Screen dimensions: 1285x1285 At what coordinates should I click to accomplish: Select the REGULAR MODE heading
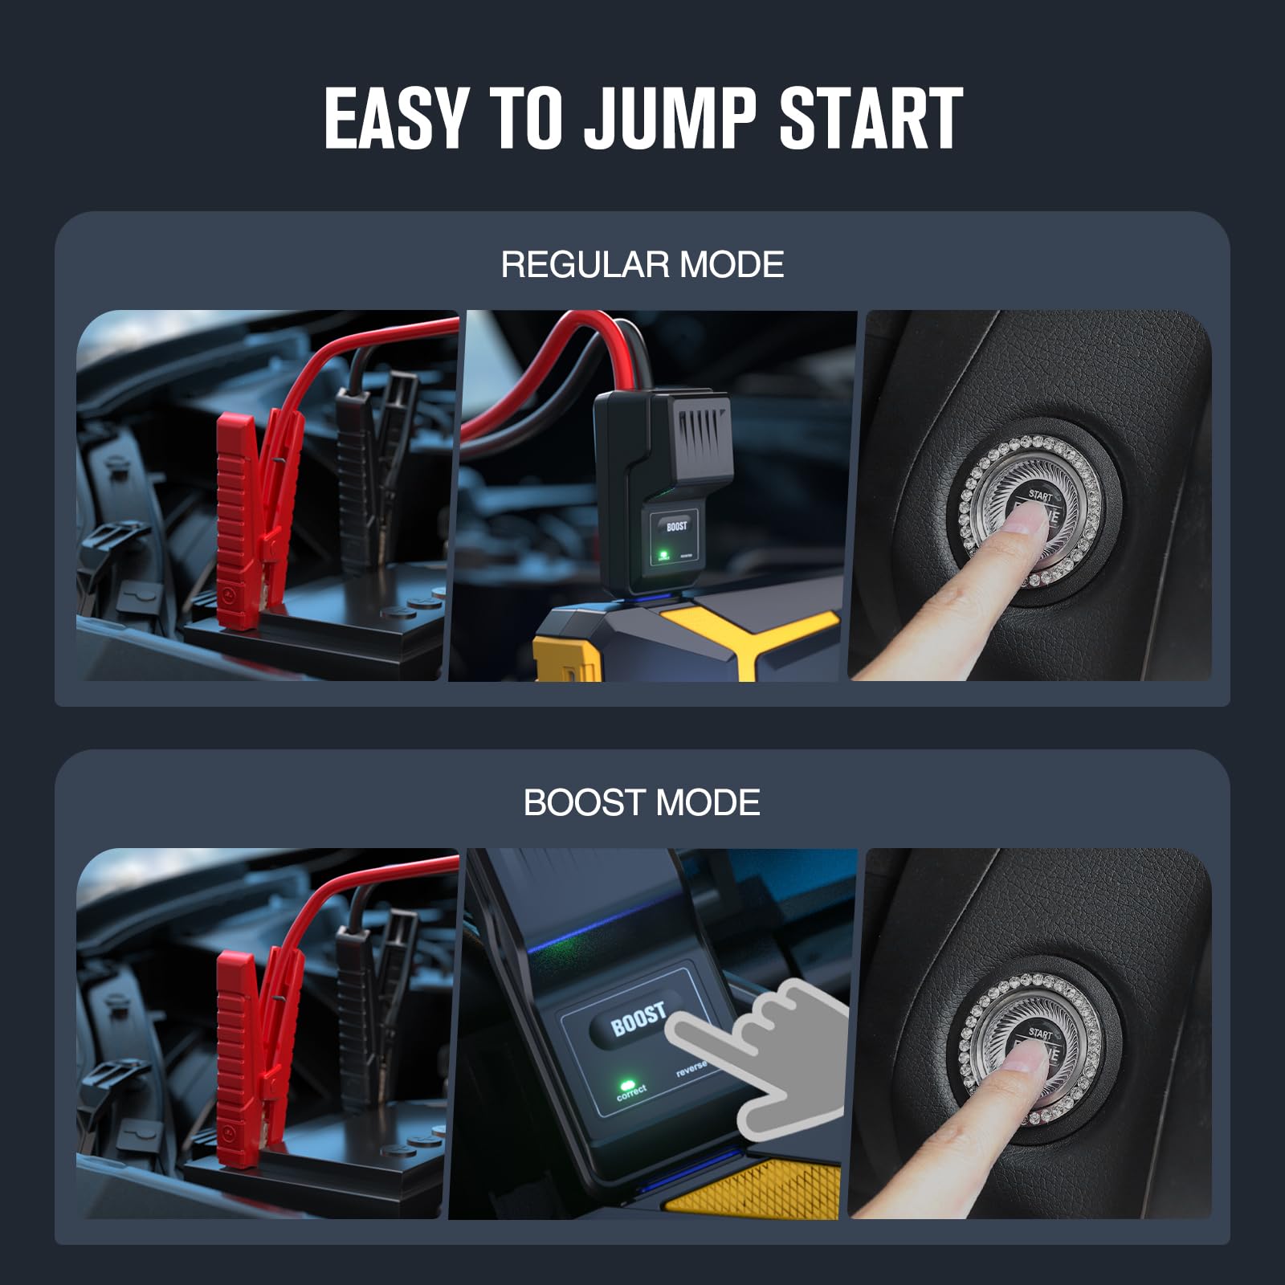[642, 264]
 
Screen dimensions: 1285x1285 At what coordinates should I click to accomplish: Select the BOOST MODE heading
[642, 802]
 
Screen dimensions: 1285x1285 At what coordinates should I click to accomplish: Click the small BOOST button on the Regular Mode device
[676, 527]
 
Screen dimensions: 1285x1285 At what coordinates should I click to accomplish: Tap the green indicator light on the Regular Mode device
[663, 553]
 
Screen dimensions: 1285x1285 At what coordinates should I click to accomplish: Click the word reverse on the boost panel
[691, 1067]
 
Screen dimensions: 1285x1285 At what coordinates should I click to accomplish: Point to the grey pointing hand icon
[771, 1060]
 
